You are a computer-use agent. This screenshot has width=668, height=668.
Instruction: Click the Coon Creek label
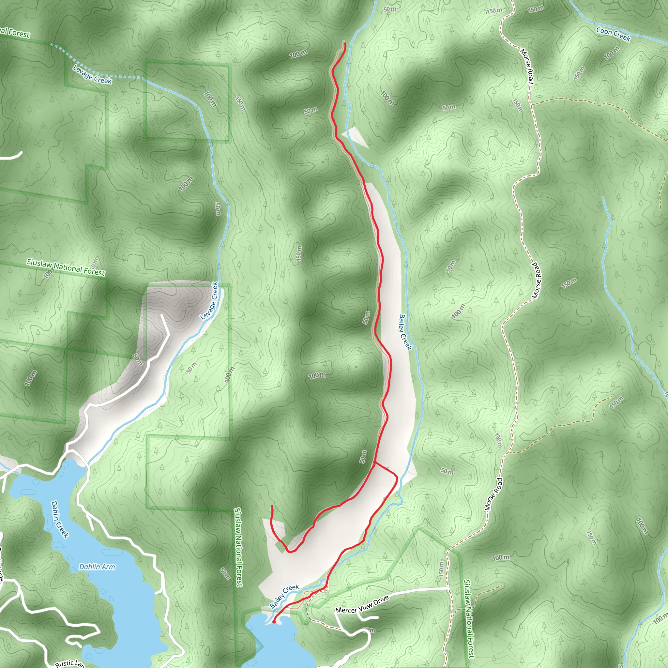pyautogui.click(x=613, y=34)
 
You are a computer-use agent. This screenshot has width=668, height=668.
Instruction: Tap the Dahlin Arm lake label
pyautogui.click(x=97, y=567)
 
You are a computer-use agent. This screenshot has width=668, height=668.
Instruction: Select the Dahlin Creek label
pyautogui.click(x=59, y=519)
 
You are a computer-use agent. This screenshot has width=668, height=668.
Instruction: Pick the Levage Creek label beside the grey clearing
pyautogui.click(x=209, y=301)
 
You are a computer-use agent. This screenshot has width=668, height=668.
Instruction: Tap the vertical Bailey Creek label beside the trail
pyautogui.click(x=405, y=332)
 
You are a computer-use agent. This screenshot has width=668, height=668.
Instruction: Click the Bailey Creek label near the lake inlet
pyautogui.click(x=284, y=596)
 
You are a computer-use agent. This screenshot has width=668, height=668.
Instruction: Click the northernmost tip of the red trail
pyautogui.click(x=344, y=42)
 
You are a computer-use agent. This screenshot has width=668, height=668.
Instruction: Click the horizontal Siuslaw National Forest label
pyautogui.click(x=66, y=267)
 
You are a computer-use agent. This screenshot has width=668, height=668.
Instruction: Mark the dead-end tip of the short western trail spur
pyautogui.click(x=272, y=506)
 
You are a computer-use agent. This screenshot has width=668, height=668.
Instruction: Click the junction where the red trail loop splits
pyautogui.click(x=375, y=462)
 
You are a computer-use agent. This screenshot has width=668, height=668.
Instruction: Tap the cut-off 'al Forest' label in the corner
pyautogui.click(x=15, y=33)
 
